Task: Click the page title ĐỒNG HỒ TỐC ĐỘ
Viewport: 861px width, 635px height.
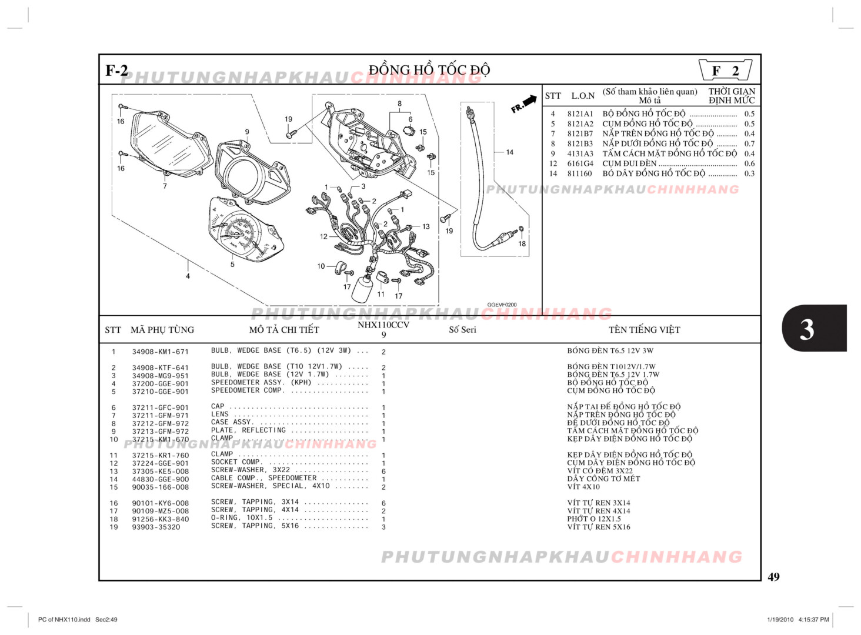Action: click(429, 70)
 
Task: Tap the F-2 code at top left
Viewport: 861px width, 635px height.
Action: click(116, 71)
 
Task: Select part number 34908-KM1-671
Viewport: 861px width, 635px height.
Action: click(160, 352)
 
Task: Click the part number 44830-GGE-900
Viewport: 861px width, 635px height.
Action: click(160, 479)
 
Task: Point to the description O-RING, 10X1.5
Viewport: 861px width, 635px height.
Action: click(242, 518)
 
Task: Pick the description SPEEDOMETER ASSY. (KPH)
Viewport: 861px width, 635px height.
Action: click(261, 382)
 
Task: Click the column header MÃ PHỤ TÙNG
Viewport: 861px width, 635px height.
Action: click(162, 330)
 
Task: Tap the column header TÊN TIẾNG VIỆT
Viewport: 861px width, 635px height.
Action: click(644, 330)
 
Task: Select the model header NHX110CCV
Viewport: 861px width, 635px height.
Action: click(383, 325)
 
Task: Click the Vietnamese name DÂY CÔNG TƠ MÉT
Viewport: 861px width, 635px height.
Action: click(603, 479)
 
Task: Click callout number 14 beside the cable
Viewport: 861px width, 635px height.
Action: click(509, 152)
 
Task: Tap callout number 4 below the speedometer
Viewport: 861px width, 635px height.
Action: click(188, 276)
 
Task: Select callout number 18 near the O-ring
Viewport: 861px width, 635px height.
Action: click(522, 243)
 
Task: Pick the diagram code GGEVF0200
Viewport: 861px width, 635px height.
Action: click(502, 305)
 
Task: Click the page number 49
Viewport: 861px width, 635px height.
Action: click(773, 577)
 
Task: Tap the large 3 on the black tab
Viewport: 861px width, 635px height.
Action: click(807, 329)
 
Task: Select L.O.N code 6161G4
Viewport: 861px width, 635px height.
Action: click(580, 163)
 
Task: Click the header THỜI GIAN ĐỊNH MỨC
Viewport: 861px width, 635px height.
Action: click(731, 95)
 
